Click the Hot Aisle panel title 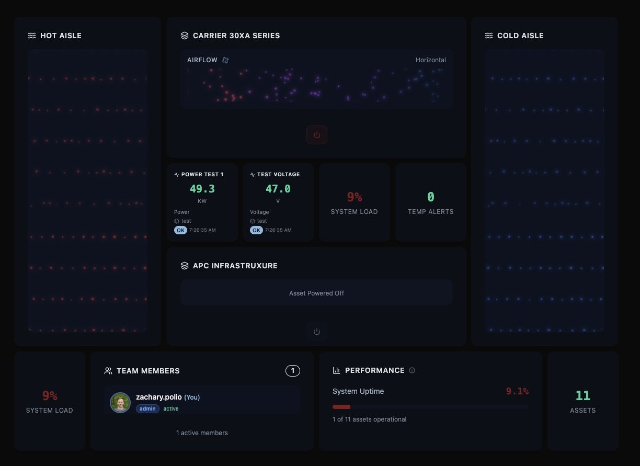[x=61, y=36]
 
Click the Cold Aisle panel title [x=520, y=36]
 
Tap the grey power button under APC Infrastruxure [x=317, y=332]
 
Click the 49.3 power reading [x=202, y=189]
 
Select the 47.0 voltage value [x=278, y=189]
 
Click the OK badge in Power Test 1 [x=180, y=230]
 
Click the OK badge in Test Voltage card [x=256, y=230]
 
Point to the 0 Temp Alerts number [x=430, y=197]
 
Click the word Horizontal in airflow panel [x=431, y=60]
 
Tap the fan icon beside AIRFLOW [x=225, y=60]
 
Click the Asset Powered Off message [x=316, y=293]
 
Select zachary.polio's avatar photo [x=120, y=403]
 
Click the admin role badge [x=148, y=408]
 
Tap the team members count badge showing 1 [x=293, y=371]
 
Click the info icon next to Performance [x=412, y=370]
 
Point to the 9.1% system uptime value [x=517, y=391]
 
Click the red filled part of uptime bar [x=341, y=406]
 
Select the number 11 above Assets [x=582, y=395]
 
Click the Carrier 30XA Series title [x=236, y=36]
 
